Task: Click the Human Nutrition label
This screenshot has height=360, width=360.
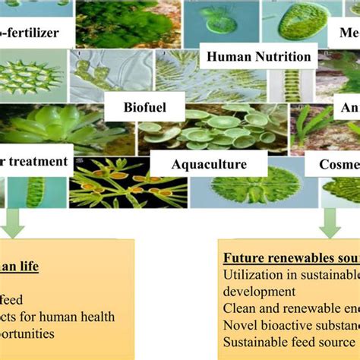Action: (259, 55)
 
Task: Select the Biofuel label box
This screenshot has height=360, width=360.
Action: (144, 107)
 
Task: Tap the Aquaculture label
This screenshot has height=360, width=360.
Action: (208, 163)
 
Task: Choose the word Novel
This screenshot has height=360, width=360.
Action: (239, 324)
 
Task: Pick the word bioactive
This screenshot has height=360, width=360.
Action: (284, 324)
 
